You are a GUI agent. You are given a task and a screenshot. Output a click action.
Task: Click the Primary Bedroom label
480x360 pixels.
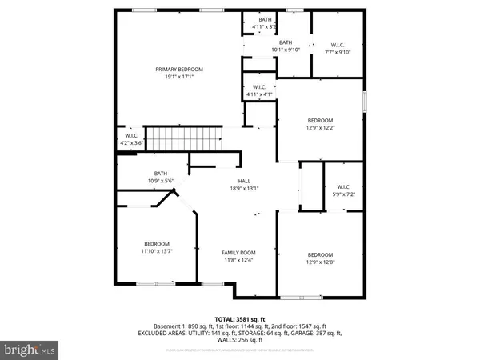179,70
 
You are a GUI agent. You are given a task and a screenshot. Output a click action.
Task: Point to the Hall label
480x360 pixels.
234,182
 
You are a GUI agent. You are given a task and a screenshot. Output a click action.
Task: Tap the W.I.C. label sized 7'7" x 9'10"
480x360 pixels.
337,45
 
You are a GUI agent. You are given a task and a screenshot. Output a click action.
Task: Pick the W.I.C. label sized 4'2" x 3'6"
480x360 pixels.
132,136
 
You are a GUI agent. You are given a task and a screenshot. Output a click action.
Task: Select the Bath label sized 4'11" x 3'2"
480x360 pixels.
265,19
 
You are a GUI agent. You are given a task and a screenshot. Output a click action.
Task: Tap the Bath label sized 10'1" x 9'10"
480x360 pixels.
286,42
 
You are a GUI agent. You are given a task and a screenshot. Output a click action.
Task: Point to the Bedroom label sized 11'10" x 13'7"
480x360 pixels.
157,244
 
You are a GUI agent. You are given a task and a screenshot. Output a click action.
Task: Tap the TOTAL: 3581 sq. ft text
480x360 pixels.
239,318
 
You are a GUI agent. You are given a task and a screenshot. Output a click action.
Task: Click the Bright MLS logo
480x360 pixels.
30,350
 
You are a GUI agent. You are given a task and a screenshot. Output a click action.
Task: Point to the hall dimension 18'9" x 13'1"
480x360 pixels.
234,189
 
